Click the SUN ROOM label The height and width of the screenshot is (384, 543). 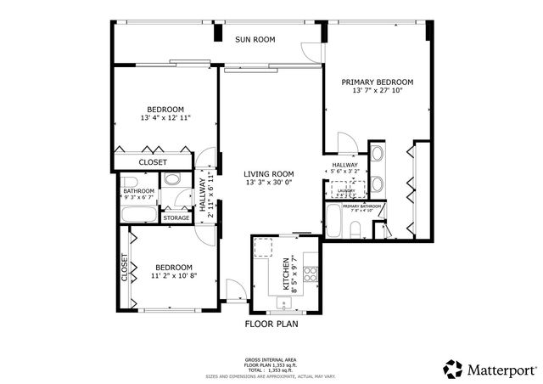[x=255, y=39]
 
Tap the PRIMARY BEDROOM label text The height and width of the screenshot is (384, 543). [x=377, y=82]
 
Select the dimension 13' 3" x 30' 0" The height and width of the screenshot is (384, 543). [x=268, y=182]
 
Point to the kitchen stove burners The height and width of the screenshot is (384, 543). [x=311, y=274]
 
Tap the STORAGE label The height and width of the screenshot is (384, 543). [x=176, y=218]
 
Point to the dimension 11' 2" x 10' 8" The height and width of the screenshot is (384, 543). [x=174, y=275]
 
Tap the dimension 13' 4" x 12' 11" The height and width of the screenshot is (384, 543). [x=166, y=118]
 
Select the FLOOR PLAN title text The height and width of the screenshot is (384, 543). [x=271, y=324]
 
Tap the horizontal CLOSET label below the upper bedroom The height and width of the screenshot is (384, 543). [x=153, y=161]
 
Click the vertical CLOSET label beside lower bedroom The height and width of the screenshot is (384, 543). [x=124, y=268]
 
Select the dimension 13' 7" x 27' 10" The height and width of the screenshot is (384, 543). [x=377, y=92]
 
